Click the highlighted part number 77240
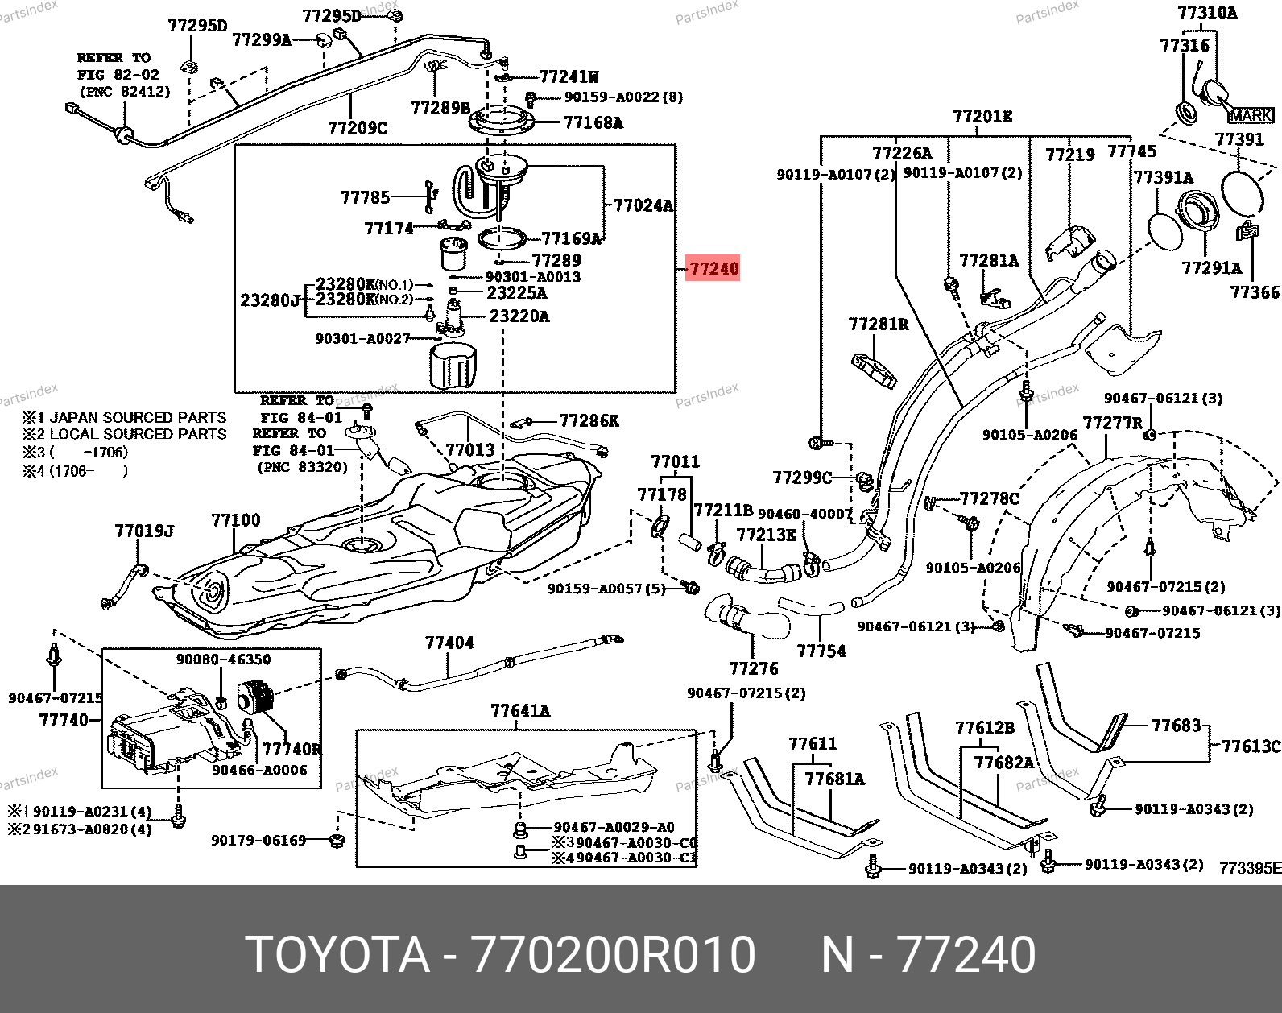(x=713, y=268)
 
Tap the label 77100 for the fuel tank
(x=236, y=520)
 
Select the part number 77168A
(x=593, y=122)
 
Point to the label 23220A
(x=519, y=316)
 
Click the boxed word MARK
(x=1251, y=116)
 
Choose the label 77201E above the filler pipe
(x=982, y=117)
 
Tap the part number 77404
(x=449, y=643)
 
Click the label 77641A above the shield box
(x=520, y=710)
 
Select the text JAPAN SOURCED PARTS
(x=138, y=417)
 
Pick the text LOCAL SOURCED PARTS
(x=138, y=434)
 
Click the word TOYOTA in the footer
(x=337, y=955)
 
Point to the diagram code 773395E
(x=1250, y=868)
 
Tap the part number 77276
(x=754, y=668)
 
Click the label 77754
(x=821, y=651)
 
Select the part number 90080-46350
(x=224, y=659)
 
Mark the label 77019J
(x=145, y=531)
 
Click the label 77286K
(x=589, y=420)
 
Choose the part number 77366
(x=1255, y=292)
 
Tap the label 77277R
(x=1112, y=424)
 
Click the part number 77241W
(x=569, y=77)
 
